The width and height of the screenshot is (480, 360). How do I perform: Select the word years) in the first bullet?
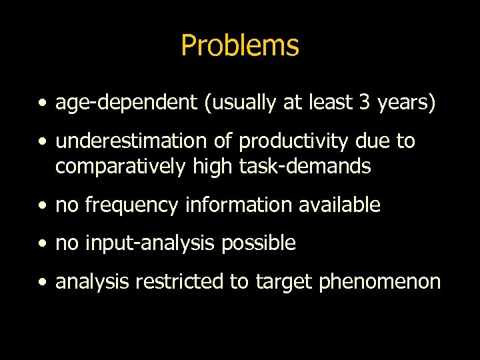tap(408, 103)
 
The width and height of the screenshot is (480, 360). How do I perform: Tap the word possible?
tap(259, 243)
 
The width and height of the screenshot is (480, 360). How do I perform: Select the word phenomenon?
tap(380, 282)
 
